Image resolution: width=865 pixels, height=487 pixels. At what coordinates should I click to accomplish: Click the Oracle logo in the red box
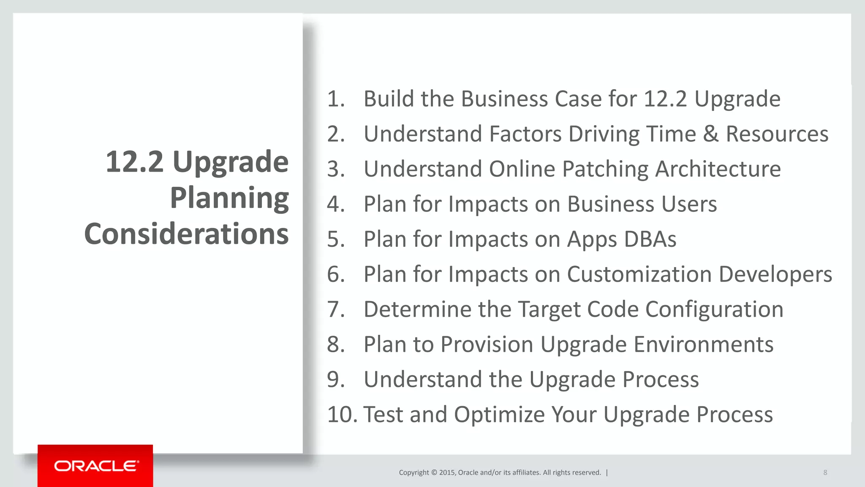(x=96, y=466)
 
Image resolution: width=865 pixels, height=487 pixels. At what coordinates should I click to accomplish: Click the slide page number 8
(x=825, y=473)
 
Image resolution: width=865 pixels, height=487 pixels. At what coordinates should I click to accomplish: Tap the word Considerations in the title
(x=186, y=234)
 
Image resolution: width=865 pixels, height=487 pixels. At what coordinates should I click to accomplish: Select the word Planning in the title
(x=229, y=198)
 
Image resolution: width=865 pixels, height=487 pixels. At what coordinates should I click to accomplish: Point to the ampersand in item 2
(x=711, y=134)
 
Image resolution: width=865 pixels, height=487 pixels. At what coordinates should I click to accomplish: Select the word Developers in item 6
(x=775, y=274)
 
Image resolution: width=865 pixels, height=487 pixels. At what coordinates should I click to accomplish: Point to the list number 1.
(x=336, y=99)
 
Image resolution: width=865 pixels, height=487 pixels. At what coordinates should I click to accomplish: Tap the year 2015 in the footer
(x=447, y=473)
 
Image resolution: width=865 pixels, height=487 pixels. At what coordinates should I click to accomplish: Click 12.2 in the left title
(x=134, y=162)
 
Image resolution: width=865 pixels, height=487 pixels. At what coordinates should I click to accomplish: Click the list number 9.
(x=336, y=380)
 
